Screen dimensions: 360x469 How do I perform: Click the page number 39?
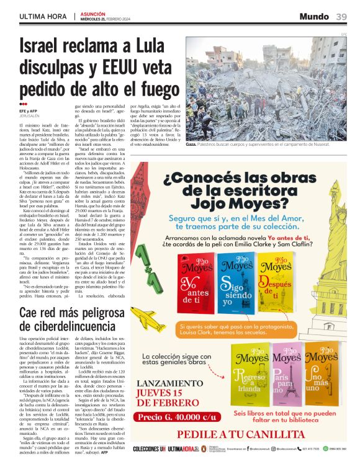click(341, 16)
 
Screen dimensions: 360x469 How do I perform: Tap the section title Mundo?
click(313, 16)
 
